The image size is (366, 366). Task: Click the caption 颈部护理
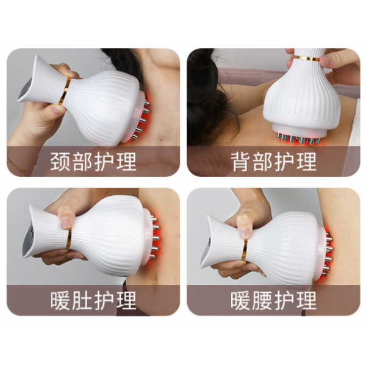point(93,162)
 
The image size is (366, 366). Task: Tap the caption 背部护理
point(273,162)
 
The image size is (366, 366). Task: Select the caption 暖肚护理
point(93,300)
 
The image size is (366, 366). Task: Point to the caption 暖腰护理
point(273,300)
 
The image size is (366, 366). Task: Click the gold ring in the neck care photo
point(65,91)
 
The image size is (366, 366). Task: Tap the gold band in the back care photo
point(306,58)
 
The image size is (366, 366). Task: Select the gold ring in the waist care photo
point(245,249)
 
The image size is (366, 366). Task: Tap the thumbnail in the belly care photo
point(66,222)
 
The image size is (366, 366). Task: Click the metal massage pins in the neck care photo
point(142,120)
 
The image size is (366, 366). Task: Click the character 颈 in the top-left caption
point(60,162)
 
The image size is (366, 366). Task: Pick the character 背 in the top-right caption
point(240,162)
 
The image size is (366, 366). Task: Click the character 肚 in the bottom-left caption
point(82,300)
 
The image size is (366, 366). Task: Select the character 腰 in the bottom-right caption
point(262,300)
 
